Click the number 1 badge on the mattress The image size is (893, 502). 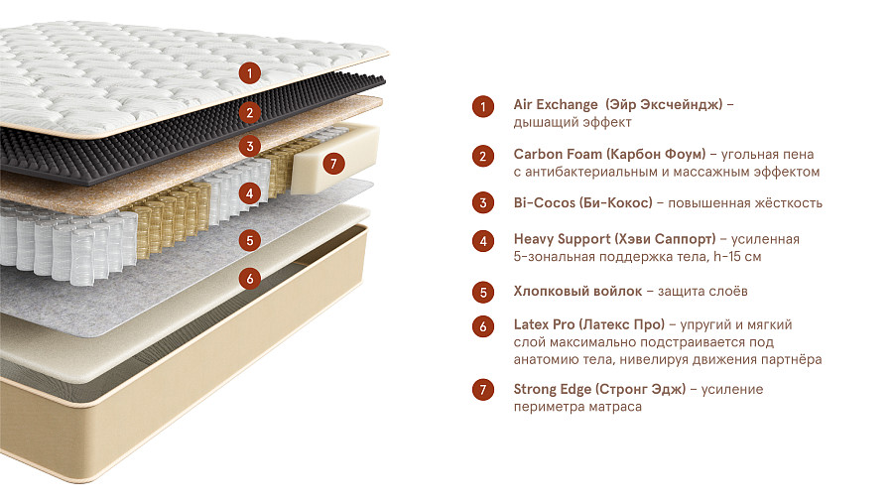click(x=249, y=72)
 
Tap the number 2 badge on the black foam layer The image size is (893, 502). click(x=249, y=112)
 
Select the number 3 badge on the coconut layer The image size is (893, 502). click(x=249, y=146)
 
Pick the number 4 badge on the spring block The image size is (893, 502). click(x=249, y=193)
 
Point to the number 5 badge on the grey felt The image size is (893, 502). click(x=249, y=240)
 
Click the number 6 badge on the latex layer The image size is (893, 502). click(x=249, y=279)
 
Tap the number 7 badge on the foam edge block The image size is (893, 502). click(x=333, y=164)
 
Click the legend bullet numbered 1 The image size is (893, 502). click(x=483, y=106)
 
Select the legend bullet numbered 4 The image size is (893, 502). click(x=483, y=241)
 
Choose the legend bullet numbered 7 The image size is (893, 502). click(x=483, y=390)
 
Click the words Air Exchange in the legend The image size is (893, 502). click(x=556, y=105)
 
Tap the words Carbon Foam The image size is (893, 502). click(x=558, y=154)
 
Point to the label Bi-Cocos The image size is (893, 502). click(x=545, y=202)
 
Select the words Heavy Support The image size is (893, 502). click(x=558, y=239)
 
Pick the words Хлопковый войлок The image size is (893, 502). click(x=577, y=292)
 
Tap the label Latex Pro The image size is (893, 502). click(x=544, y=324)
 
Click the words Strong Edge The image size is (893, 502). click(x=553, y=389)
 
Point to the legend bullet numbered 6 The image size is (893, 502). click(x=483, y=326)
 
